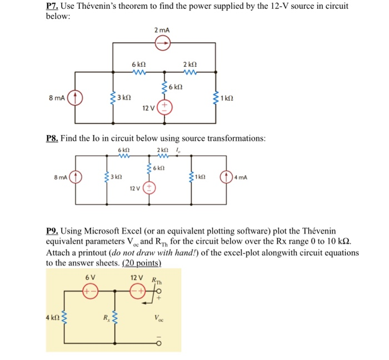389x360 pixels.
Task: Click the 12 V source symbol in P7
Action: click(x=165, y=108)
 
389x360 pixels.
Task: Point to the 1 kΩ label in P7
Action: click(x=226, y=98)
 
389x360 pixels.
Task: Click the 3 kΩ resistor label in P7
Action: click(x=123, y=97)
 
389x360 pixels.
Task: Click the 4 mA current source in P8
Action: click(x=226, y=178)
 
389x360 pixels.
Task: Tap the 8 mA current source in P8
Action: click(x=76, y=177)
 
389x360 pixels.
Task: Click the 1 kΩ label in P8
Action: click(x=202, y=177)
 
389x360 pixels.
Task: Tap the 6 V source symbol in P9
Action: click(x=87, y=291)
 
